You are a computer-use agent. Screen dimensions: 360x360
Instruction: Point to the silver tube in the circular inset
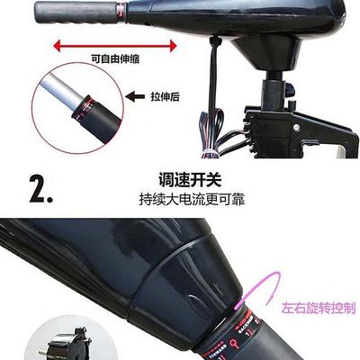coord(54,93)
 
